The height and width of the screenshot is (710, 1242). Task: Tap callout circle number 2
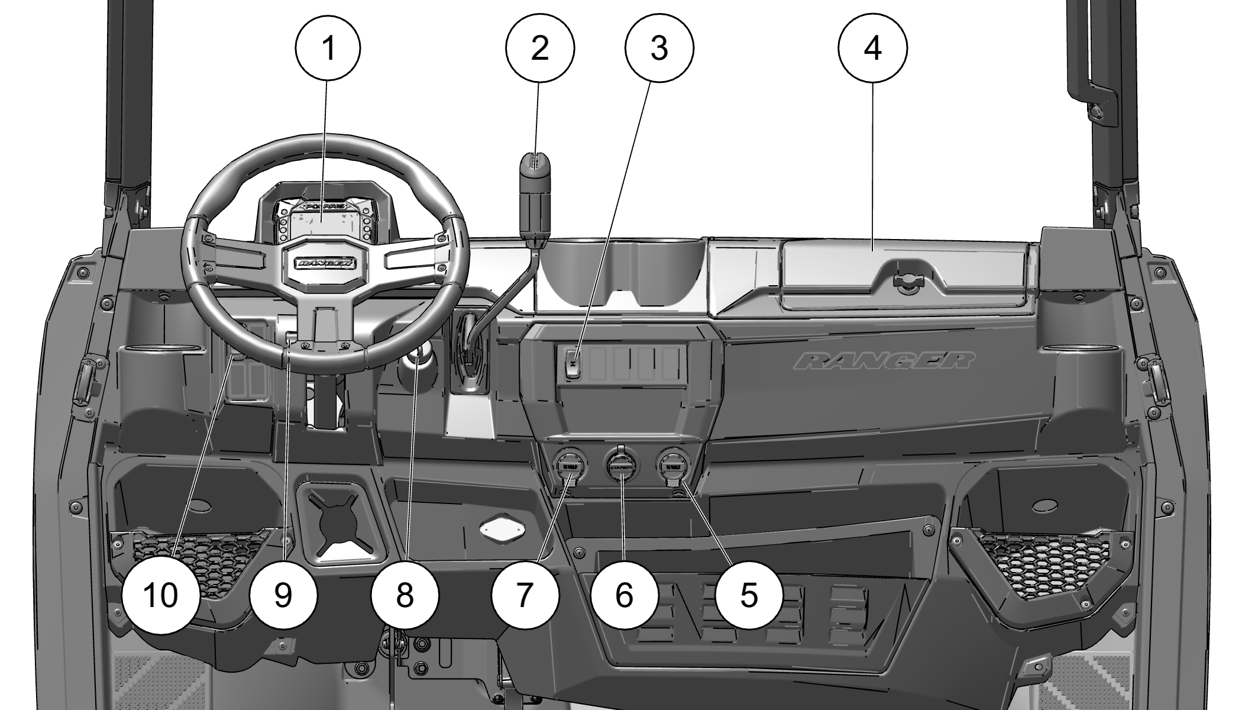539,48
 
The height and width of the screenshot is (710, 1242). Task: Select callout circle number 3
659,48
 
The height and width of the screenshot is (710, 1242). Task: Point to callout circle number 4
872,48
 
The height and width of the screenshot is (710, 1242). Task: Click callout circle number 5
748,595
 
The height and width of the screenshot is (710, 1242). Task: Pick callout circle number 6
624,595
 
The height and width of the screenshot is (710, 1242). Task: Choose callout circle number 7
525,595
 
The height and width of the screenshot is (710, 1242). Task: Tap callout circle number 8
405,595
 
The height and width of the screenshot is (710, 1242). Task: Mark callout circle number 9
283,595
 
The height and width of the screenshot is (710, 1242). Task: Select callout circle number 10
160,595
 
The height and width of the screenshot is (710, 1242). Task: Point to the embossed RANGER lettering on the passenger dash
884,360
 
